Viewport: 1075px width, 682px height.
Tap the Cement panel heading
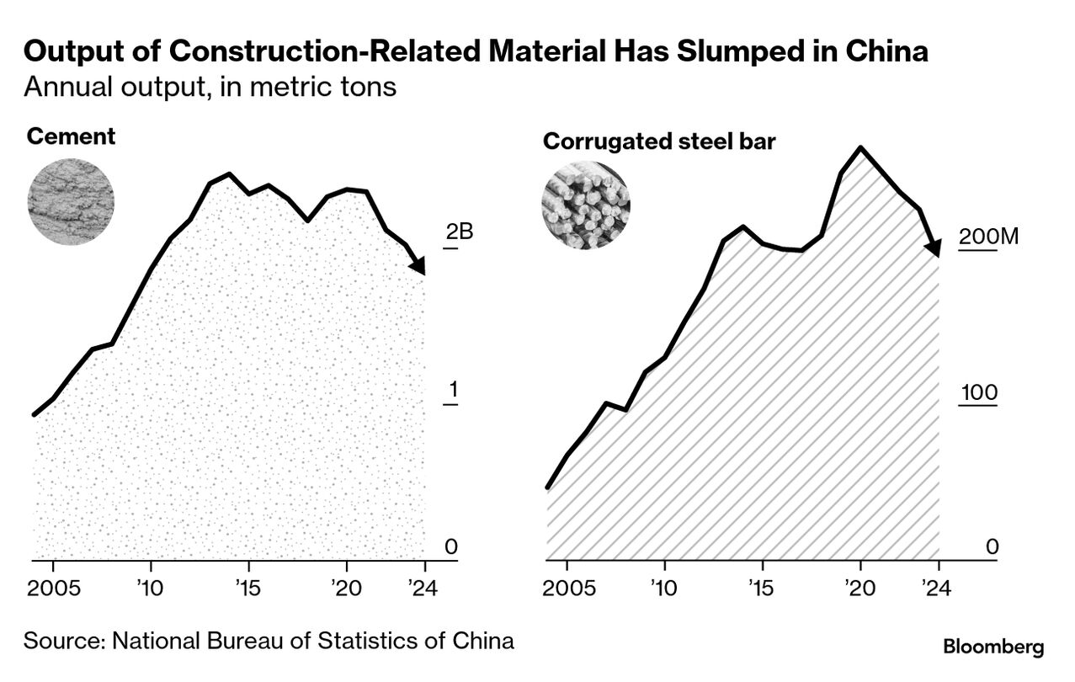click(71, 136)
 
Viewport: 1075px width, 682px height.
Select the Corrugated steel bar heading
click(659, 141)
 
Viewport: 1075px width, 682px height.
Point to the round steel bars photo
click(585, 205)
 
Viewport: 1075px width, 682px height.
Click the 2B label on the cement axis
click(460, 232)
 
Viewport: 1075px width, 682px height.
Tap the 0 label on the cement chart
click(451, 547)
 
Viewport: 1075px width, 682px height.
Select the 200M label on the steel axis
click(988, 237)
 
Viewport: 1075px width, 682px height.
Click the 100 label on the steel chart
click(978, 392)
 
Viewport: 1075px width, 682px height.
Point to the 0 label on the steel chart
click(992, 547)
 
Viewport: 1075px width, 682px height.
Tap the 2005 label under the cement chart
click(53, 588)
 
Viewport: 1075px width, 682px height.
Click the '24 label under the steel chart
click(936, 588)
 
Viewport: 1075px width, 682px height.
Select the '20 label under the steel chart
click(859, 588)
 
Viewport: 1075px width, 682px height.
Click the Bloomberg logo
click(993, 647)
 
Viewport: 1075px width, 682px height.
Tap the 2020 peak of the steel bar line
click(860, 148)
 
